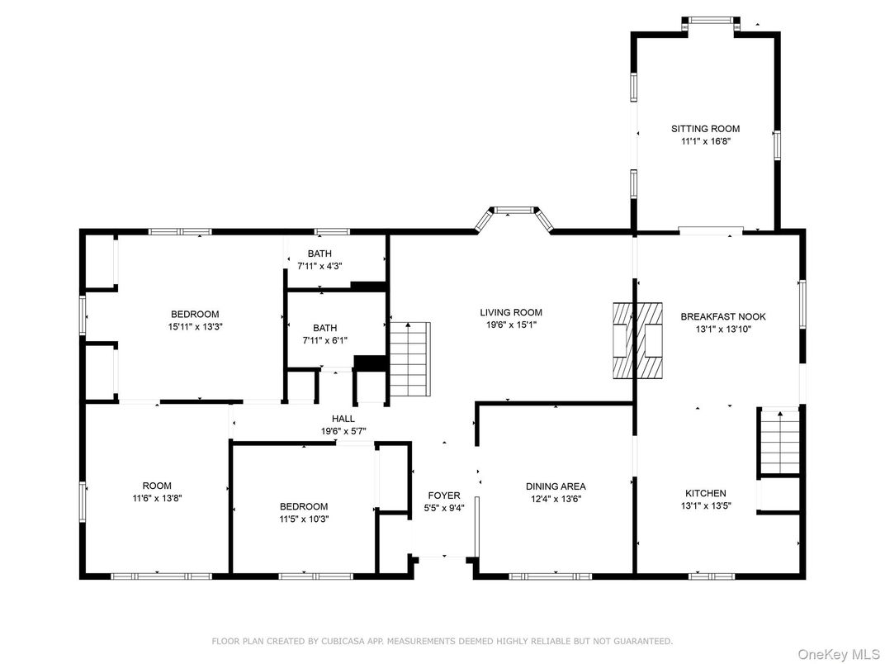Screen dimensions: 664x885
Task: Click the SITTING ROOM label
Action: pyautogui.click(x=704, y=129)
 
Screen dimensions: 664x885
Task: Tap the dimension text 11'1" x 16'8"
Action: pyautogui.click(x=704, y=141)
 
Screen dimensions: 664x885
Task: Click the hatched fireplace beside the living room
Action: pyautogui.click(x=637, y=339)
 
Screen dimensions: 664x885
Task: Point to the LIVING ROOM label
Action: pyautogui.click(x=511, y=312)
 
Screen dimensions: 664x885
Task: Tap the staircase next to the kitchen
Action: pyautogui.click(x=780, y=442)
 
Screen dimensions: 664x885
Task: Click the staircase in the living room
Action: pyautogui.click(x=410, y=358)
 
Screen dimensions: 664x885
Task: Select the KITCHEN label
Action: pyautogui.click(x=705, y=493)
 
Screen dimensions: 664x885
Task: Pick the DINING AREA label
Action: pyautogui.click(x=556, y=486)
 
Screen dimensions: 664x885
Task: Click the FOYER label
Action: pyautogui.click(x=443, y=496)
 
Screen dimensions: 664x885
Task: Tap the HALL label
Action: pyautogui.click(x=343, y=419)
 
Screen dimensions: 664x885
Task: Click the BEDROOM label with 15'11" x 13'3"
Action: pyautogui.click(x=195, y=314)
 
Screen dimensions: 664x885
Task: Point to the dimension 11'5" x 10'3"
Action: pyautogui.click(x=303, y=519)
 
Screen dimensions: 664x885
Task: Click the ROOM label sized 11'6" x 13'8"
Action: pyautogui.click(x=157, y=486)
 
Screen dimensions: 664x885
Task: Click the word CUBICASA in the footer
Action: pyautogui.click(x=336, y=641)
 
